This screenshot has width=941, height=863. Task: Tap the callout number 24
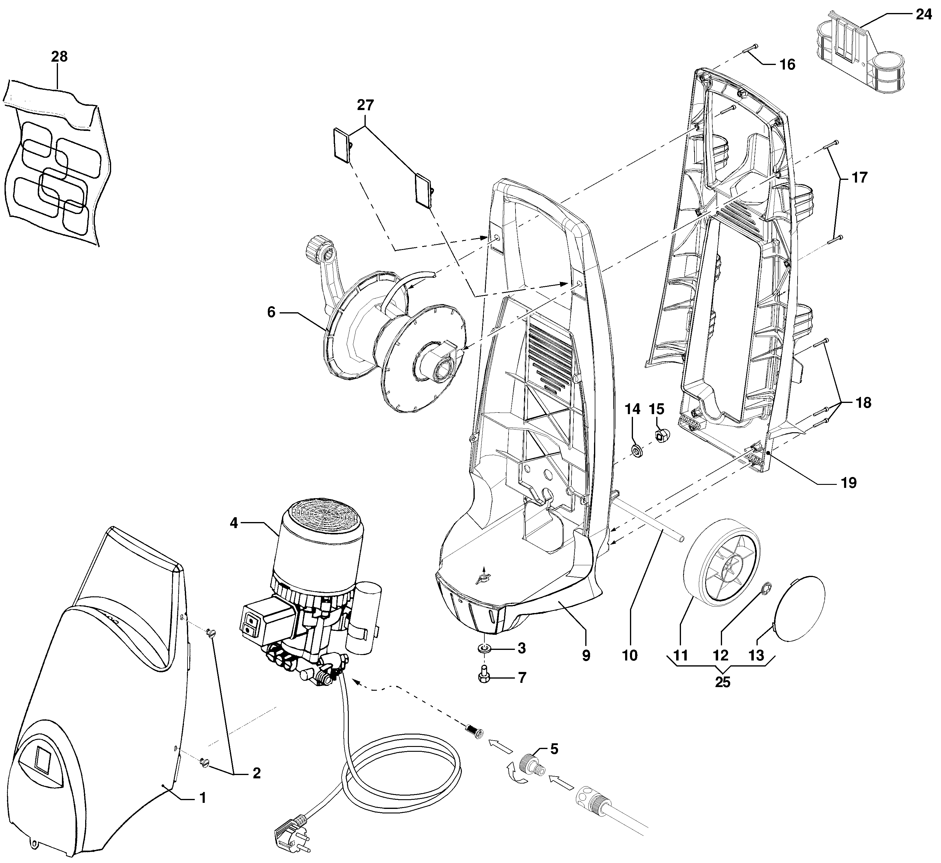tap(923, 15)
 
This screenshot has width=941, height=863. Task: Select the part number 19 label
tap(849, 482)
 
